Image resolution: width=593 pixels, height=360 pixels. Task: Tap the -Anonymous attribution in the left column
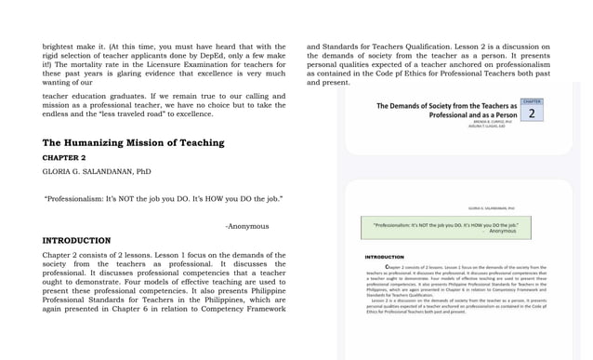(246, 226)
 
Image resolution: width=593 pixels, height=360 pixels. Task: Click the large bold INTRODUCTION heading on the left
(76, 240)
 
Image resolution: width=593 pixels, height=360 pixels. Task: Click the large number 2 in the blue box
(532, 113)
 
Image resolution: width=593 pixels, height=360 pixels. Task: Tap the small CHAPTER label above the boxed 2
(532, 100)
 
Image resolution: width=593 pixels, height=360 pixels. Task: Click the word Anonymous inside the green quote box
(502, 231)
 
